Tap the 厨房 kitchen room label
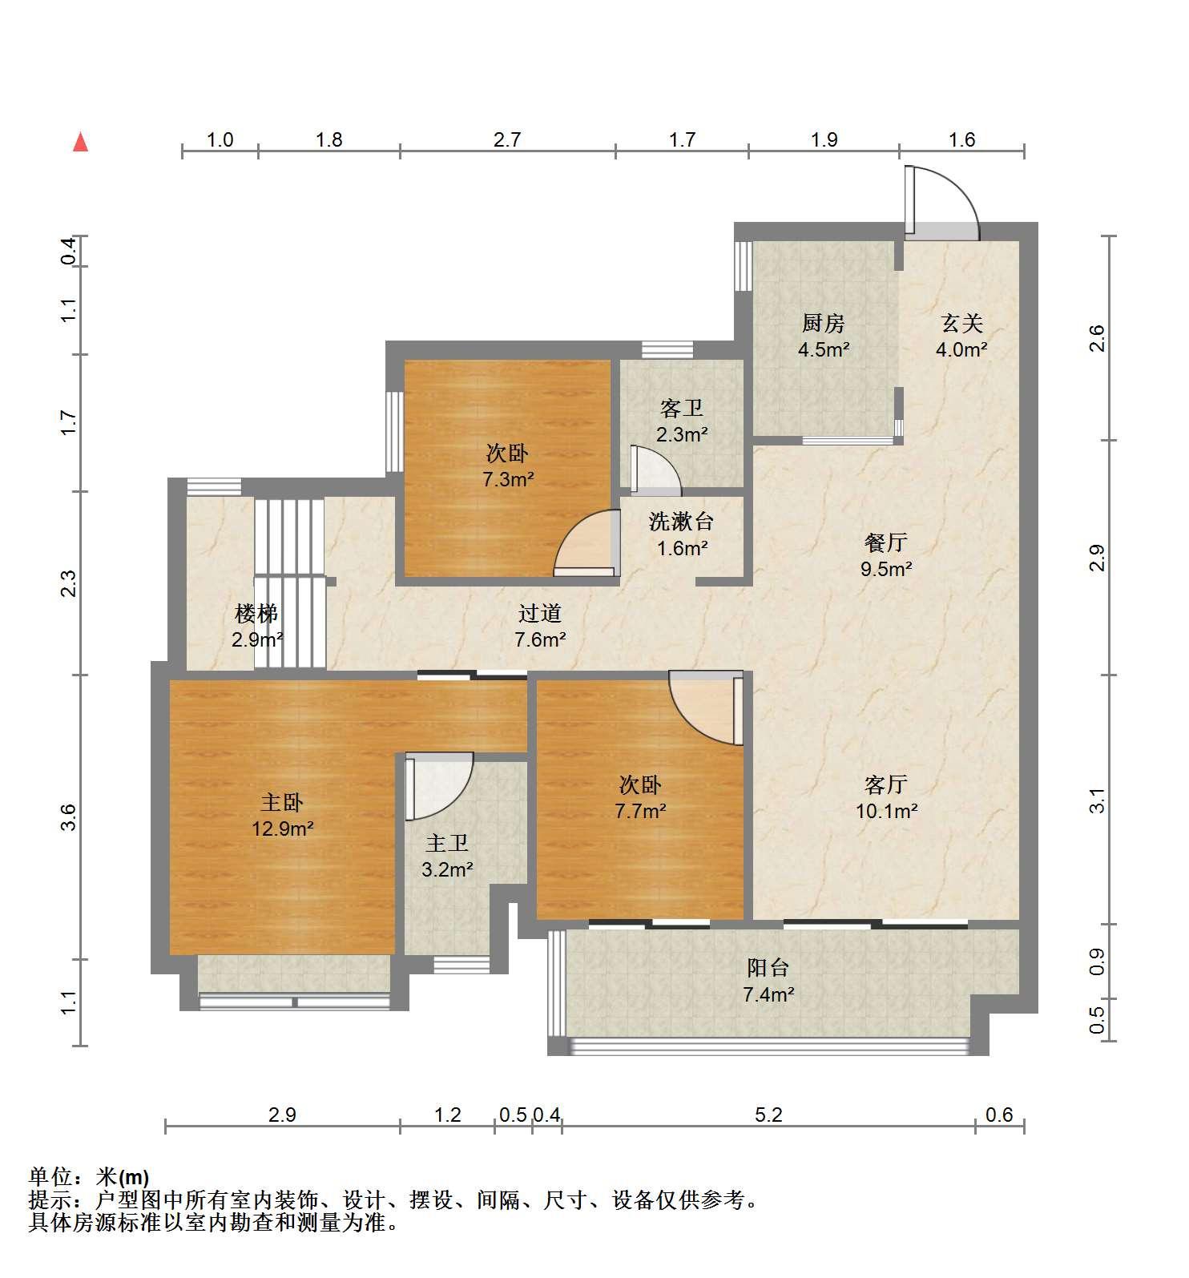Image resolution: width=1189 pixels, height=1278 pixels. (x=824, y=324)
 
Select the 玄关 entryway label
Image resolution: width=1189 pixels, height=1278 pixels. (x=961, y=324)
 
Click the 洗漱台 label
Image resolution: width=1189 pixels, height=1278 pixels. (x=681, y=522)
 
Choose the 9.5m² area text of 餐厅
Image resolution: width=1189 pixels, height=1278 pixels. (x=886, y=570)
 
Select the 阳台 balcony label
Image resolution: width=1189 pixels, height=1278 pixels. (x=768, y=968)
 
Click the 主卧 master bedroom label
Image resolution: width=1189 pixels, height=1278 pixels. (x=282, y=802)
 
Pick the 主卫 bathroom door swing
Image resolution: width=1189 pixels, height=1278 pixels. (x=438, y=786)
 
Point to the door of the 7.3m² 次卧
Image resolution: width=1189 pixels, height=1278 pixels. (x=586, y=544)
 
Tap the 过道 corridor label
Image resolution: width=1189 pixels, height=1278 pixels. (x=540, y=614)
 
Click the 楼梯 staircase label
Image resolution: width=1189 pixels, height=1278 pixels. (x=256, y=614)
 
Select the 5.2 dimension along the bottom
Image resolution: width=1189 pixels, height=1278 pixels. (x=768, y=1115)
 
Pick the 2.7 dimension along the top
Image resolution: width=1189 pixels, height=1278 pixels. (x=507, y=140)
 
